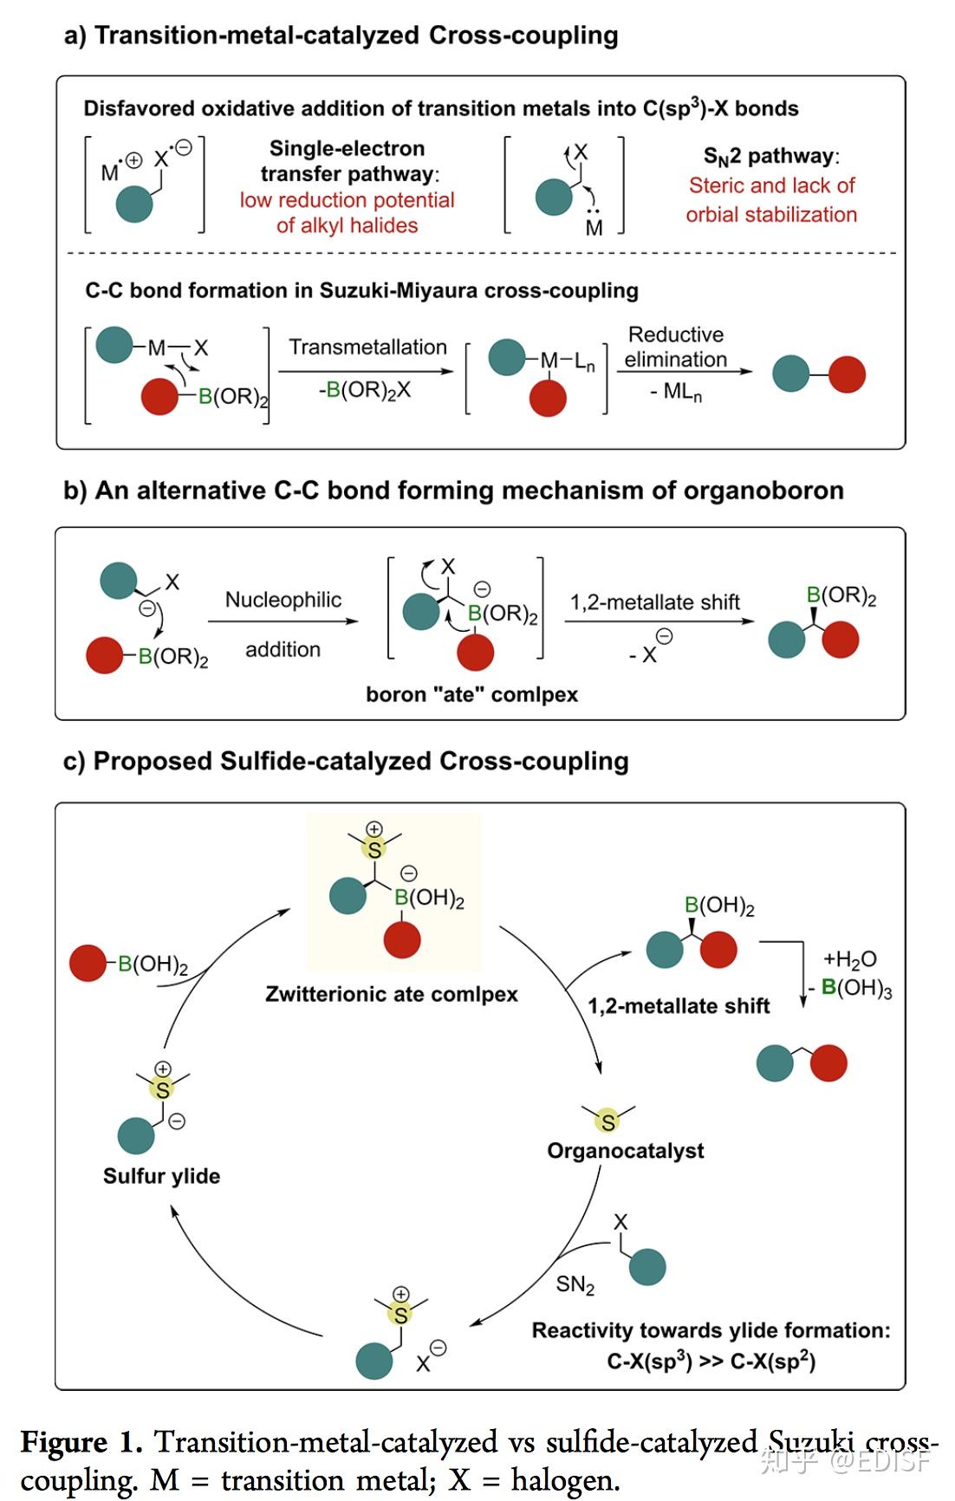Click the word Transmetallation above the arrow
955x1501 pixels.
(367, 347)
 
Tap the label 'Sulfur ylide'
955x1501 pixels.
(161, 1176)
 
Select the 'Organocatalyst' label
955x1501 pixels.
(625, 1151)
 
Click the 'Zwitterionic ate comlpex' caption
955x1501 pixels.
(392, 994)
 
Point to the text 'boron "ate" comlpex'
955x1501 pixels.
(471, 694)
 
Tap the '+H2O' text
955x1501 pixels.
(849, 959)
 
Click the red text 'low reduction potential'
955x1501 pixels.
(347, 200)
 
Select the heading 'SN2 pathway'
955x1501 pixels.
(771, 157)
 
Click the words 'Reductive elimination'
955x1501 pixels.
(676, 347)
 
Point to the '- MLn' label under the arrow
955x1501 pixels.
(676, 393)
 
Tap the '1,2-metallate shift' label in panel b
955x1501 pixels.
(655, 602)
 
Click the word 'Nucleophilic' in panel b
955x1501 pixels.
(283, 600)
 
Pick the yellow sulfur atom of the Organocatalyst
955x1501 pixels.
(608, 1122)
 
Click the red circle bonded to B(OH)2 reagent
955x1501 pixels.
(88, 963)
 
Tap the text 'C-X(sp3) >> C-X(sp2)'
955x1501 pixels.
(711, 1361)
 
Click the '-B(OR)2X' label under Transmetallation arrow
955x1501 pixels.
(365, 391)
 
